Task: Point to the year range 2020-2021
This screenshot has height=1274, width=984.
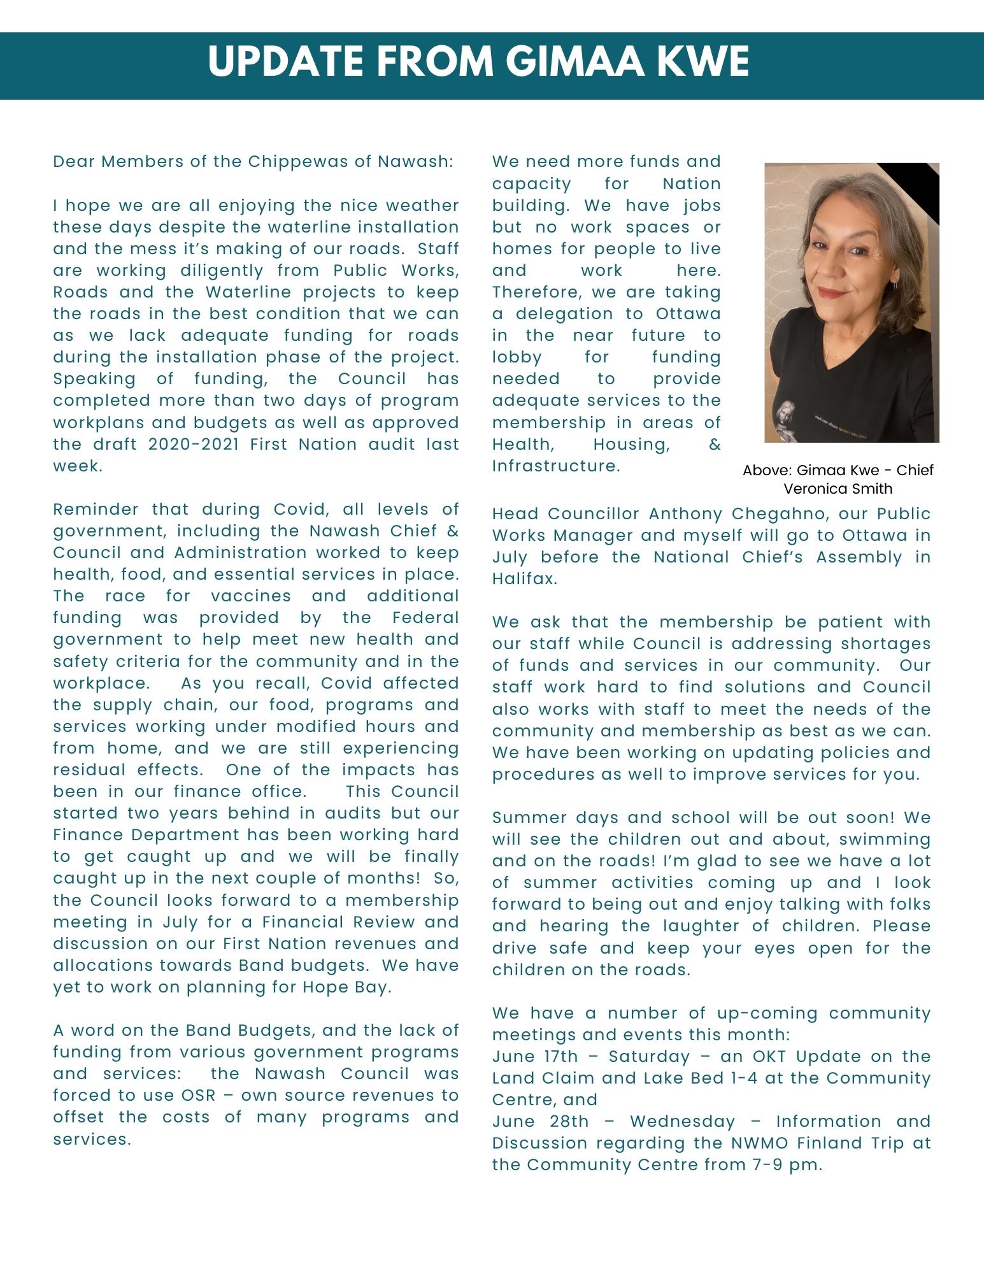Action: (x=195, y=444)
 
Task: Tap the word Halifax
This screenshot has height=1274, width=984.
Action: (x=525, y=579)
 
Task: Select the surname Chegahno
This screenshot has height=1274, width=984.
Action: (x=759, y=514)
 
